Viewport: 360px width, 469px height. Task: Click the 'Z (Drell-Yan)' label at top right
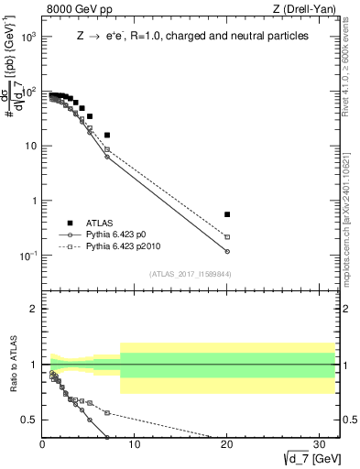(x=307, y=9)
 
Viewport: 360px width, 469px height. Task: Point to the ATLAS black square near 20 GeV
(x=227, y=214)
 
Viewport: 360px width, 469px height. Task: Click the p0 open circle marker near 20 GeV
(x=227, y=251)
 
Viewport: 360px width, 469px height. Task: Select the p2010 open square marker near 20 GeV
(x=227, y=237)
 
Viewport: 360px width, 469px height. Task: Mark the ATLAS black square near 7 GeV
(x=107, y=135)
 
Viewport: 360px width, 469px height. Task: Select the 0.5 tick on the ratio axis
(x=31, y=420)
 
